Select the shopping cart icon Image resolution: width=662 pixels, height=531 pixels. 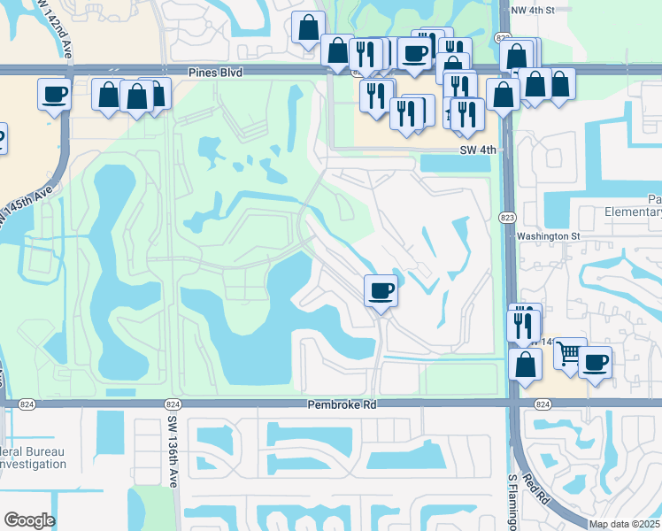(x=569, y=353)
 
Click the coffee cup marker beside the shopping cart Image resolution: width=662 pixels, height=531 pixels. (x=595, y=363)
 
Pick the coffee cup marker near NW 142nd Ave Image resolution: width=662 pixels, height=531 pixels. (x=54, y=93)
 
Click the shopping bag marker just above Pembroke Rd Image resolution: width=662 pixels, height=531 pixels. (x=526, y=365)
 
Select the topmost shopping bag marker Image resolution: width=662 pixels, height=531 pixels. (x=308, y=27)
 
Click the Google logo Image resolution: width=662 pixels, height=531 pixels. (x=29, y=520)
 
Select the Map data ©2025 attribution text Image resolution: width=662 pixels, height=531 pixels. (x=623, y=524)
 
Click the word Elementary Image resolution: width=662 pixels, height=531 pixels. (x=628, y=212)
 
